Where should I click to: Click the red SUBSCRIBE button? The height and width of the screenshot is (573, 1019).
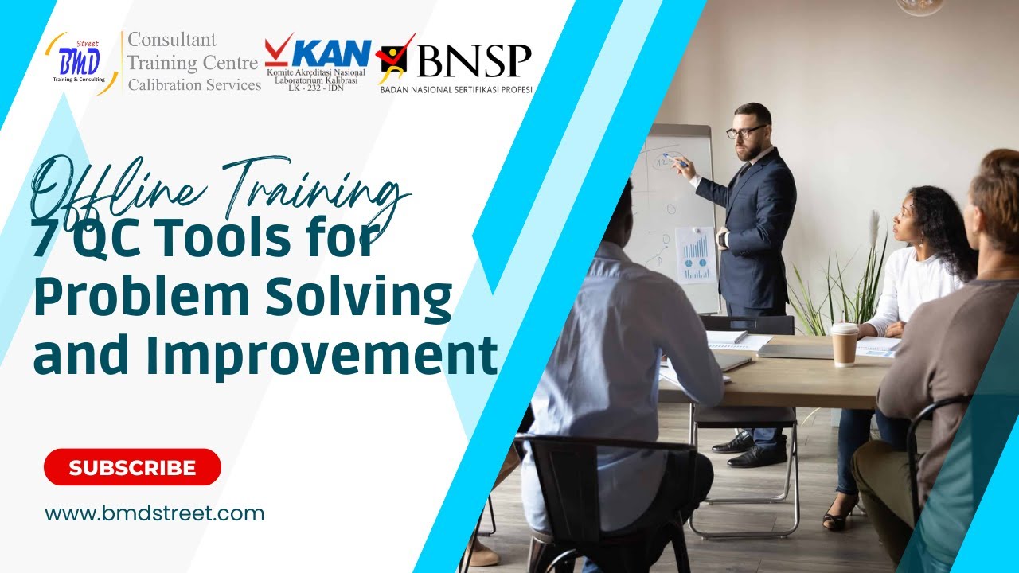132,467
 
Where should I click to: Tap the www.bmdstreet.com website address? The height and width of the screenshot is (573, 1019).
154,513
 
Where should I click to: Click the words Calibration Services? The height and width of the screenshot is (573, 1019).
194,85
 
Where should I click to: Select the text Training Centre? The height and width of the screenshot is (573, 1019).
193,63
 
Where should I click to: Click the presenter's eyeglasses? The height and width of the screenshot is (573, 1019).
746,131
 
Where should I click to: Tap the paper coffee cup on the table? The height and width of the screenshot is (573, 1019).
845,344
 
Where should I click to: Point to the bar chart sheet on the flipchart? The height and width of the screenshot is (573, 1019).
695,255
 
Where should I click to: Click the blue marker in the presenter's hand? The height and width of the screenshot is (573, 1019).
677,162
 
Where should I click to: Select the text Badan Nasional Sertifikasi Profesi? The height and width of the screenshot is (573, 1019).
456,90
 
